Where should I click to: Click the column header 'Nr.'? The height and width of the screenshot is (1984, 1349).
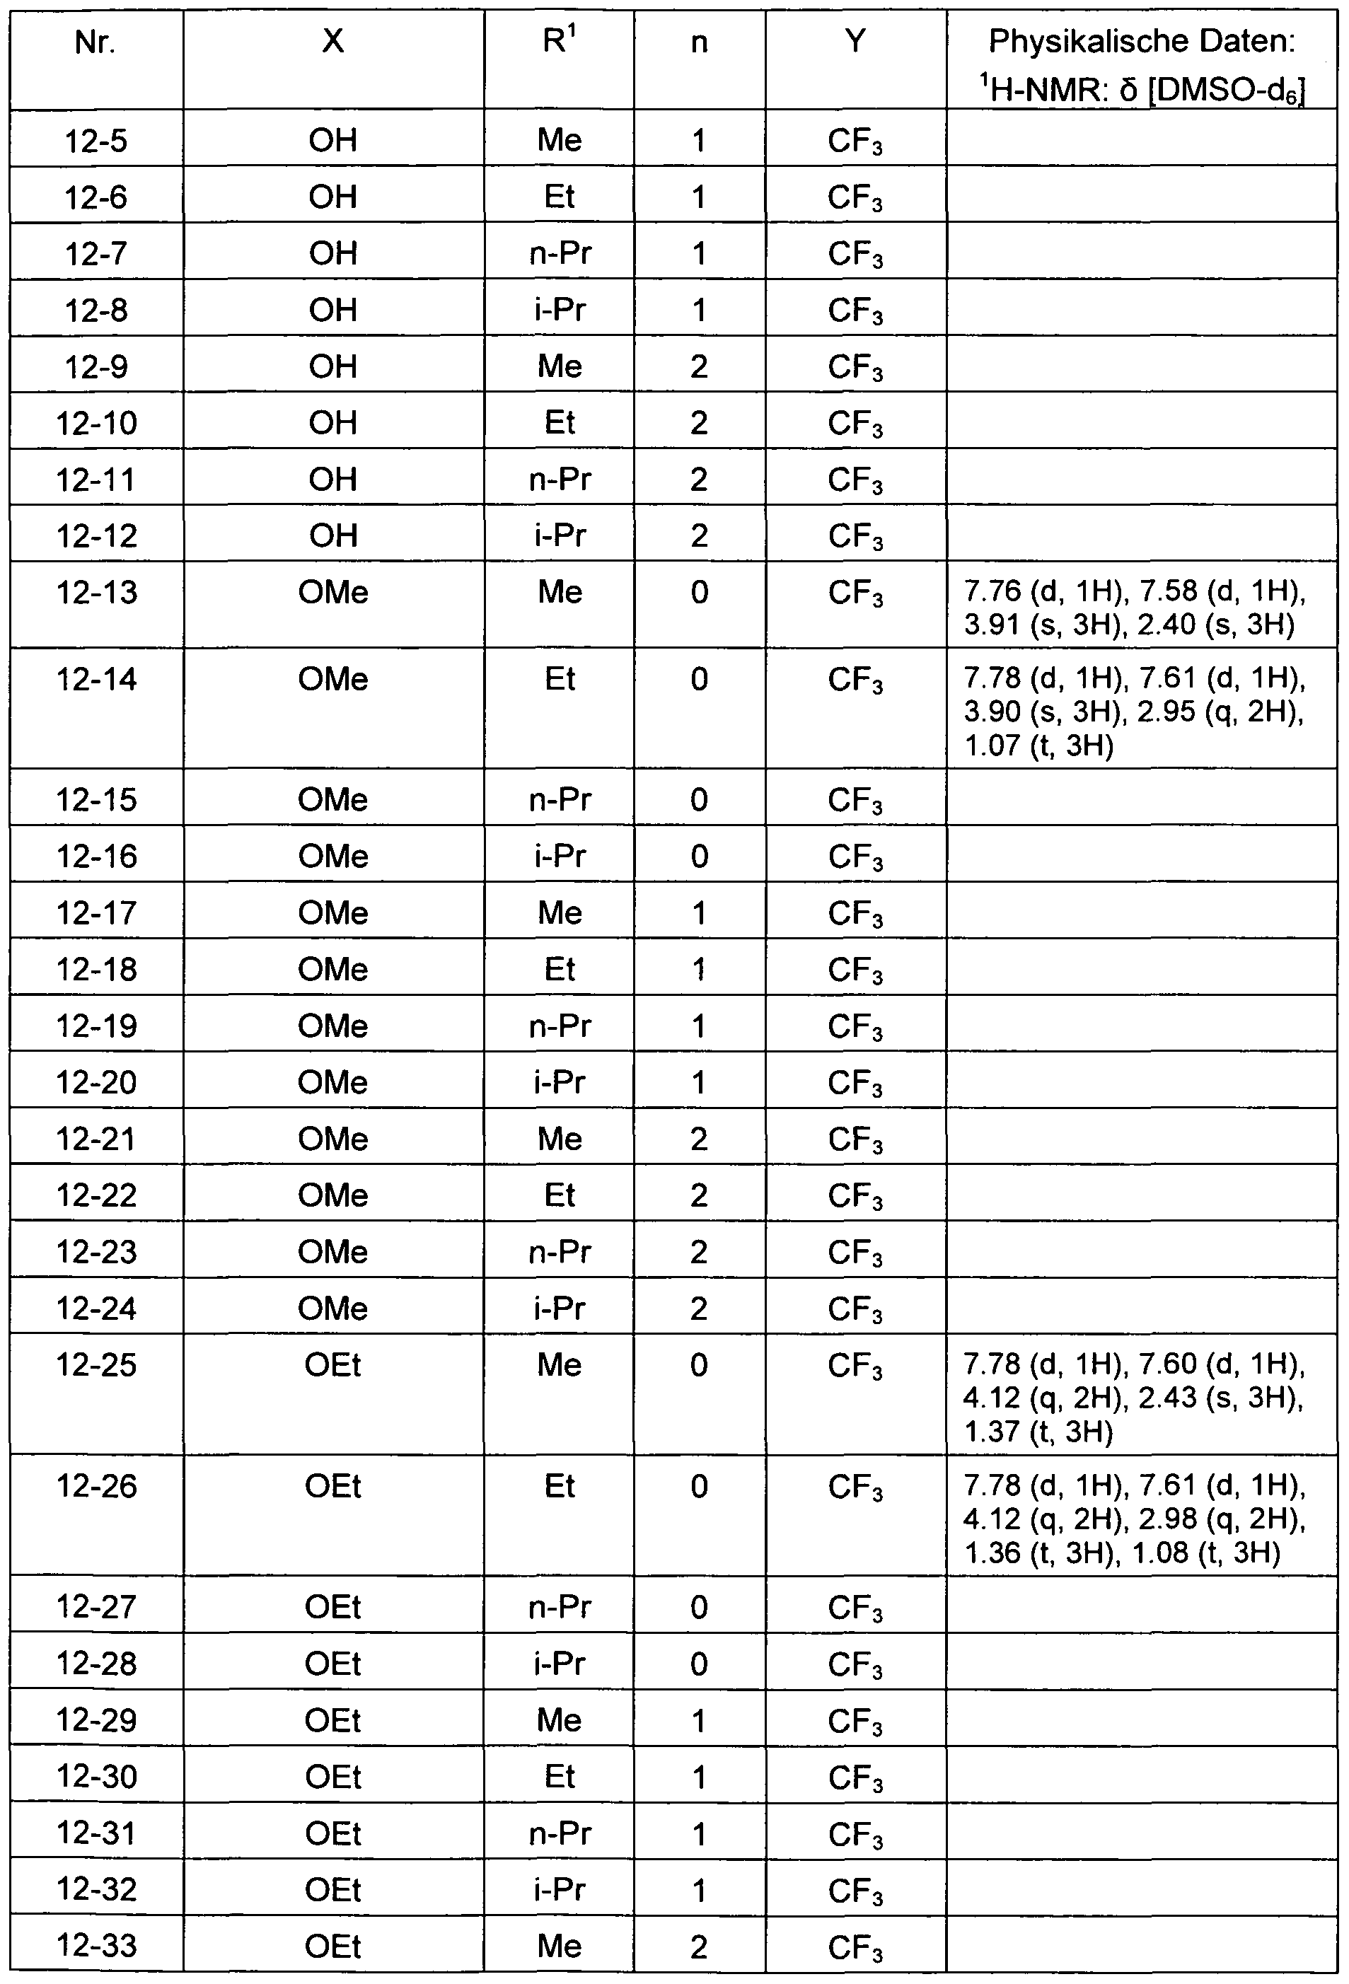pos(95,41)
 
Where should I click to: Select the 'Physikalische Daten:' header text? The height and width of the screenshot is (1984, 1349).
pos(1141,41)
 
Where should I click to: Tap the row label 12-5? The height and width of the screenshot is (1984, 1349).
pos(95,140)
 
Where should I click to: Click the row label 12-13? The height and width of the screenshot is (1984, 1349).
pos(96,591)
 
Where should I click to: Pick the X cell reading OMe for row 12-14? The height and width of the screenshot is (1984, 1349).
pos(333,680)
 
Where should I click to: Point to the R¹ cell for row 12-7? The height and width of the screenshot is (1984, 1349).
pos(560,253)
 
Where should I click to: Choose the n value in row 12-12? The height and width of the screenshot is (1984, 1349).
pos(700,535)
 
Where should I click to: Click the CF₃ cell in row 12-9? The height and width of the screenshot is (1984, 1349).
pos(855,367)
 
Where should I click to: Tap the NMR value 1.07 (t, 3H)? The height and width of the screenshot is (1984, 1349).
pos(1038,746)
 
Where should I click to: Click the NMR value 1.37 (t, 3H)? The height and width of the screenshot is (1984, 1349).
pos(1038,1432)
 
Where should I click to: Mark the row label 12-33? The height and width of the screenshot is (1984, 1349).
pos(96,1946)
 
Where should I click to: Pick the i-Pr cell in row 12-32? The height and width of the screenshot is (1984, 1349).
pos(560,1889)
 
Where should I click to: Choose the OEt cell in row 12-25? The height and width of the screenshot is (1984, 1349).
pos(333,1365)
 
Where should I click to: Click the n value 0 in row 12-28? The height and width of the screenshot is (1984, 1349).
pos(700,1663)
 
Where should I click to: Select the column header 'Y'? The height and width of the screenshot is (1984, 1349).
pos(855,41)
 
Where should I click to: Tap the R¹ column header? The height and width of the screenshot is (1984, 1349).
pos(560,41)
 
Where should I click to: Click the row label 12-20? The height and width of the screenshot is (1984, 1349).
pos(96,1081)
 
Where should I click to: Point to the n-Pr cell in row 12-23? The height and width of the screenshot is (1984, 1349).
pos(560,1251)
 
